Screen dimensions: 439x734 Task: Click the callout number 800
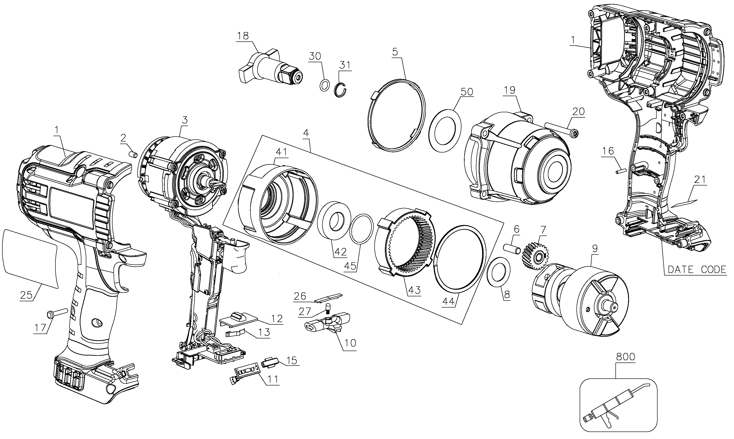coord(625,357)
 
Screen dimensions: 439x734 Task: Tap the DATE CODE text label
coord(697,269)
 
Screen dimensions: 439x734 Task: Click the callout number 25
coord(26,295)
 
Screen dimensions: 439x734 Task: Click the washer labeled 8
coord(498,272)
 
